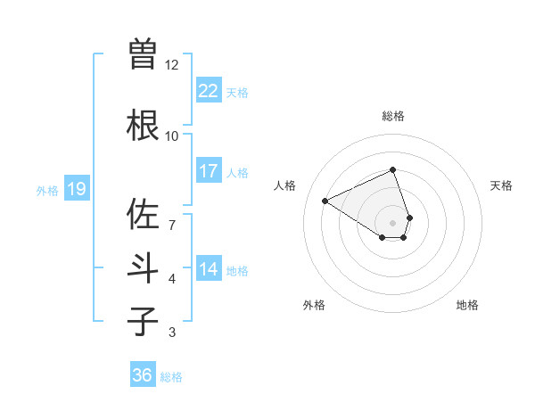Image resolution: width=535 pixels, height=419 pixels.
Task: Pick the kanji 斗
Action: coord(143,268)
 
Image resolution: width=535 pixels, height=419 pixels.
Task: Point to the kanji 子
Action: coord(143,321)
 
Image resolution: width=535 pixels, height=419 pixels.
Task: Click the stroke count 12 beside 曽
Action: coord(171,65)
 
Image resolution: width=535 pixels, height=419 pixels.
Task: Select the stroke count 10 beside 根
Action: coord(171,136)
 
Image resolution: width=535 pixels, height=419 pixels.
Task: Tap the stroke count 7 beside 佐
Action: coord(171,216)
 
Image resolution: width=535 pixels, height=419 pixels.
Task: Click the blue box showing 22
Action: coord(209,91)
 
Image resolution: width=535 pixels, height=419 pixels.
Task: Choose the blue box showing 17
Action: coord(209,171)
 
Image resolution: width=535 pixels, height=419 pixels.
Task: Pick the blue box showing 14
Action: coord(209,269)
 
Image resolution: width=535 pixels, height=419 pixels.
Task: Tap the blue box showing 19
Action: coord(77,189)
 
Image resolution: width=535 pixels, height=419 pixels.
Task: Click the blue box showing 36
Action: coord(143,375)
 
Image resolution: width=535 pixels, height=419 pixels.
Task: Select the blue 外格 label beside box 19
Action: coord(46,190)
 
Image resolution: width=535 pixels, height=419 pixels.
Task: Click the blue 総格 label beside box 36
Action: coord(171,377)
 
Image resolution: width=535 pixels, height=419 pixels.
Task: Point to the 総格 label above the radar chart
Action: coord(392,116)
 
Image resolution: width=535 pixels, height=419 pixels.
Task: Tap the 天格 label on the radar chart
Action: coord(501,185)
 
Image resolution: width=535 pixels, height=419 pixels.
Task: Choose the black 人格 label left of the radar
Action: coord(284,185)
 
